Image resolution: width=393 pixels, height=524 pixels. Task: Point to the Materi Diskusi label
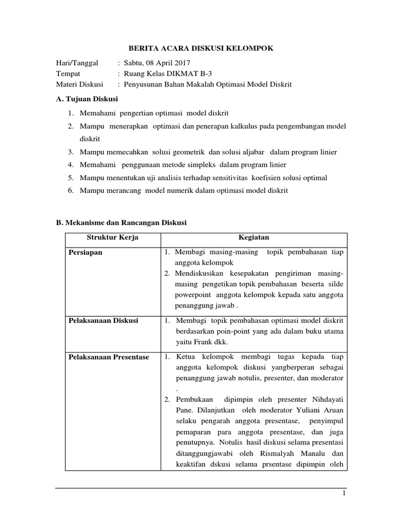point(79,84)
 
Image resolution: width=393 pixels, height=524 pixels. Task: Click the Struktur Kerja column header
point(113,238)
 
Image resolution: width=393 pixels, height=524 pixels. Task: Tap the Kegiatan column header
point(254,238)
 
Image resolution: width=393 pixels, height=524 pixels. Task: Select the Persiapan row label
point(85,253)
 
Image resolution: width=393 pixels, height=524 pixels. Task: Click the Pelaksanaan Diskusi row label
point(103,320)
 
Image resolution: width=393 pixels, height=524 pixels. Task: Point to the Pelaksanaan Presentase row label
point(108,357)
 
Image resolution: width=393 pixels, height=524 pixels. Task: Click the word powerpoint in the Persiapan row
point(193,295)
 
